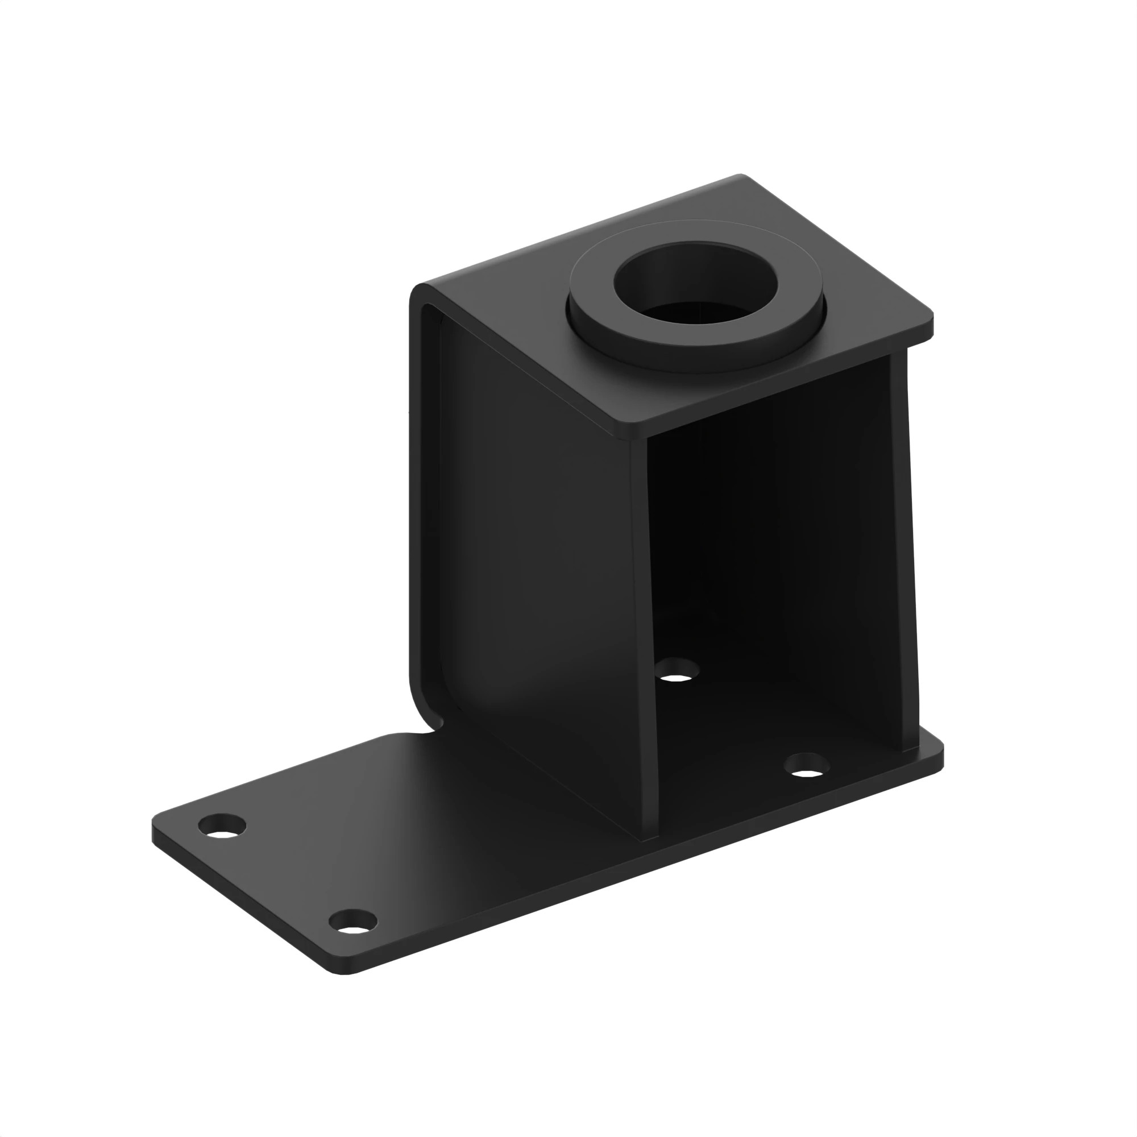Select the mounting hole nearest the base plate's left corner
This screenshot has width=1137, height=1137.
click(x=222, y=826)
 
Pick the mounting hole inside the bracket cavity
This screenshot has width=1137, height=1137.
click(x=677, y=670)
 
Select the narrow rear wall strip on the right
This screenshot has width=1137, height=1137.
click(x=903, y=547)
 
